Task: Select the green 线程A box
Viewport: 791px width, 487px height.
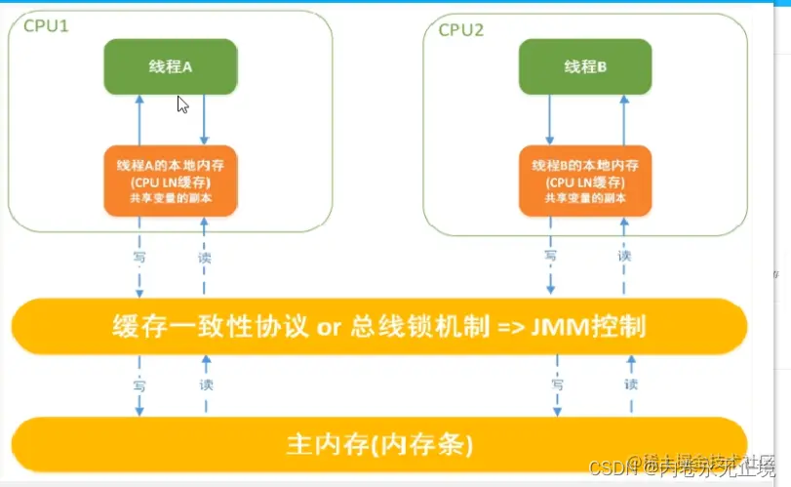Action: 171,66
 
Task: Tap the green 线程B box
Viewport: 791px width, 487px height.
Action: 585,66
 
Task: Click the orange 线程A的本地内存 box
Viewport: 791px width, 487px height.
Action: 171,181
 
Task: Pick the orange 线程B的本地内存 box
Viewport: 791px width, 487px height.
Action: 586,181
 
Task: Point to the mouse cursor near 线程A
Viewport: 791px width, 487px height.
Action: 182,103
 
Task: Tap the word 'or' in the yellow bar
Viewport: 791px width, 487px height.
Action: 330,325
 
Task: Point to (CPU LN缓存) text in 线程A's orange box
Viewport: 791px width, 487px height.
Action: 171,182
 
